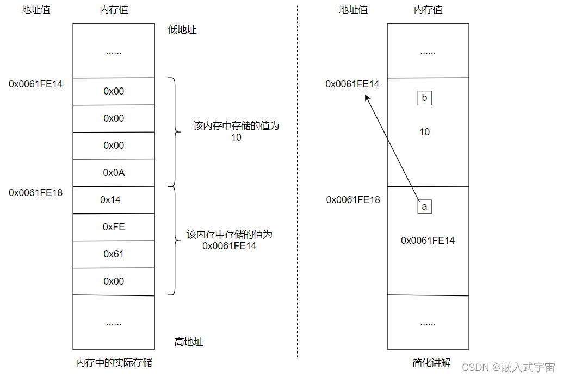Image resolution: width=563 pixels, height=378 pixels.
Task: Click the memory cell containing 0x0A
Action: (114, 173)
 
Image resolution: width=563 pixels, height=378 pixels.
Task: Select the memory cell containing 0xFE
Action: (114, 227)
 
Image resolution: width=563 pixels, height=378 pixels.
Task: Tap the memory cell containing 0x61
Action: (114, 254)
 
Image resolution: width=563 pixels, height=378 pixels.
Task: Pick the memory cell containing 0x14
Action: (114, 200)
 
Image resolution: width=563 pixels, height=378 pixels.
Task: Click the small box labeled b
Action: (424, 98)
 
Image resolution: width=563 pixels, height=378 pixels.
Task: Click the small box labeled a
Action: (424, 207)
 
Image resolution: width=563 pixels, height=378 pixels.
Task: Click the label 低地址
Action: (182, 30)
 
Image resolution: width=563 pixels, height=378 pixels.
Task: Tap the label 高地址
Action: (188, 342)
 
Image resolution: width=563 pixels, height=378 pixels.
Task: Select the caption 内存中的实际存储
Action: (114, 363)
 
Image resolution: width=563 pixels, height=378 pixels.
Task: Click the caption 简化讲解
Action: (431, 363)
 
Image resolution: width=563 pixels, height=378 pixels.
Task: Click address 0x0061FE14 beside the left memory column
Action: (36, 84)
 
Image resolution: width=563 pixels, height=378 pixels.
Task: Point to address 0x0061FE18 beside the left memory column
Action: (36, 193)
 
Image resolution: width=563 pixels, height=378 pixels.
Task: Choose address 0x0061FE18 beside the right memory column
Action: (353, 200)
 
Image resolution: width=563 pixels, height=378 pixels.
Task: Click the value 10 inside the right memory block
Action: (425, 132)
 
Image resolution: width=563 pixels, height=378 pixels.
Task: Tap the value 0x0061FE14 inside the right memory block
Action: (428, 241)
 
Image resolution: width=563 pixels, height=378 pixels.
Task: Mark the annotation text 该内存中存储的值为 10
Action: (236, 131)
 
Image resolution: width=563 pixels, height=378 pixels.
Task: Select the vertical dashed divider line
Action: (298, 185)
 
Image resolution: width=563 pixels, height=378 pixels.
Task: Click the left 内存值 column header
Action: (114, 10)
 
